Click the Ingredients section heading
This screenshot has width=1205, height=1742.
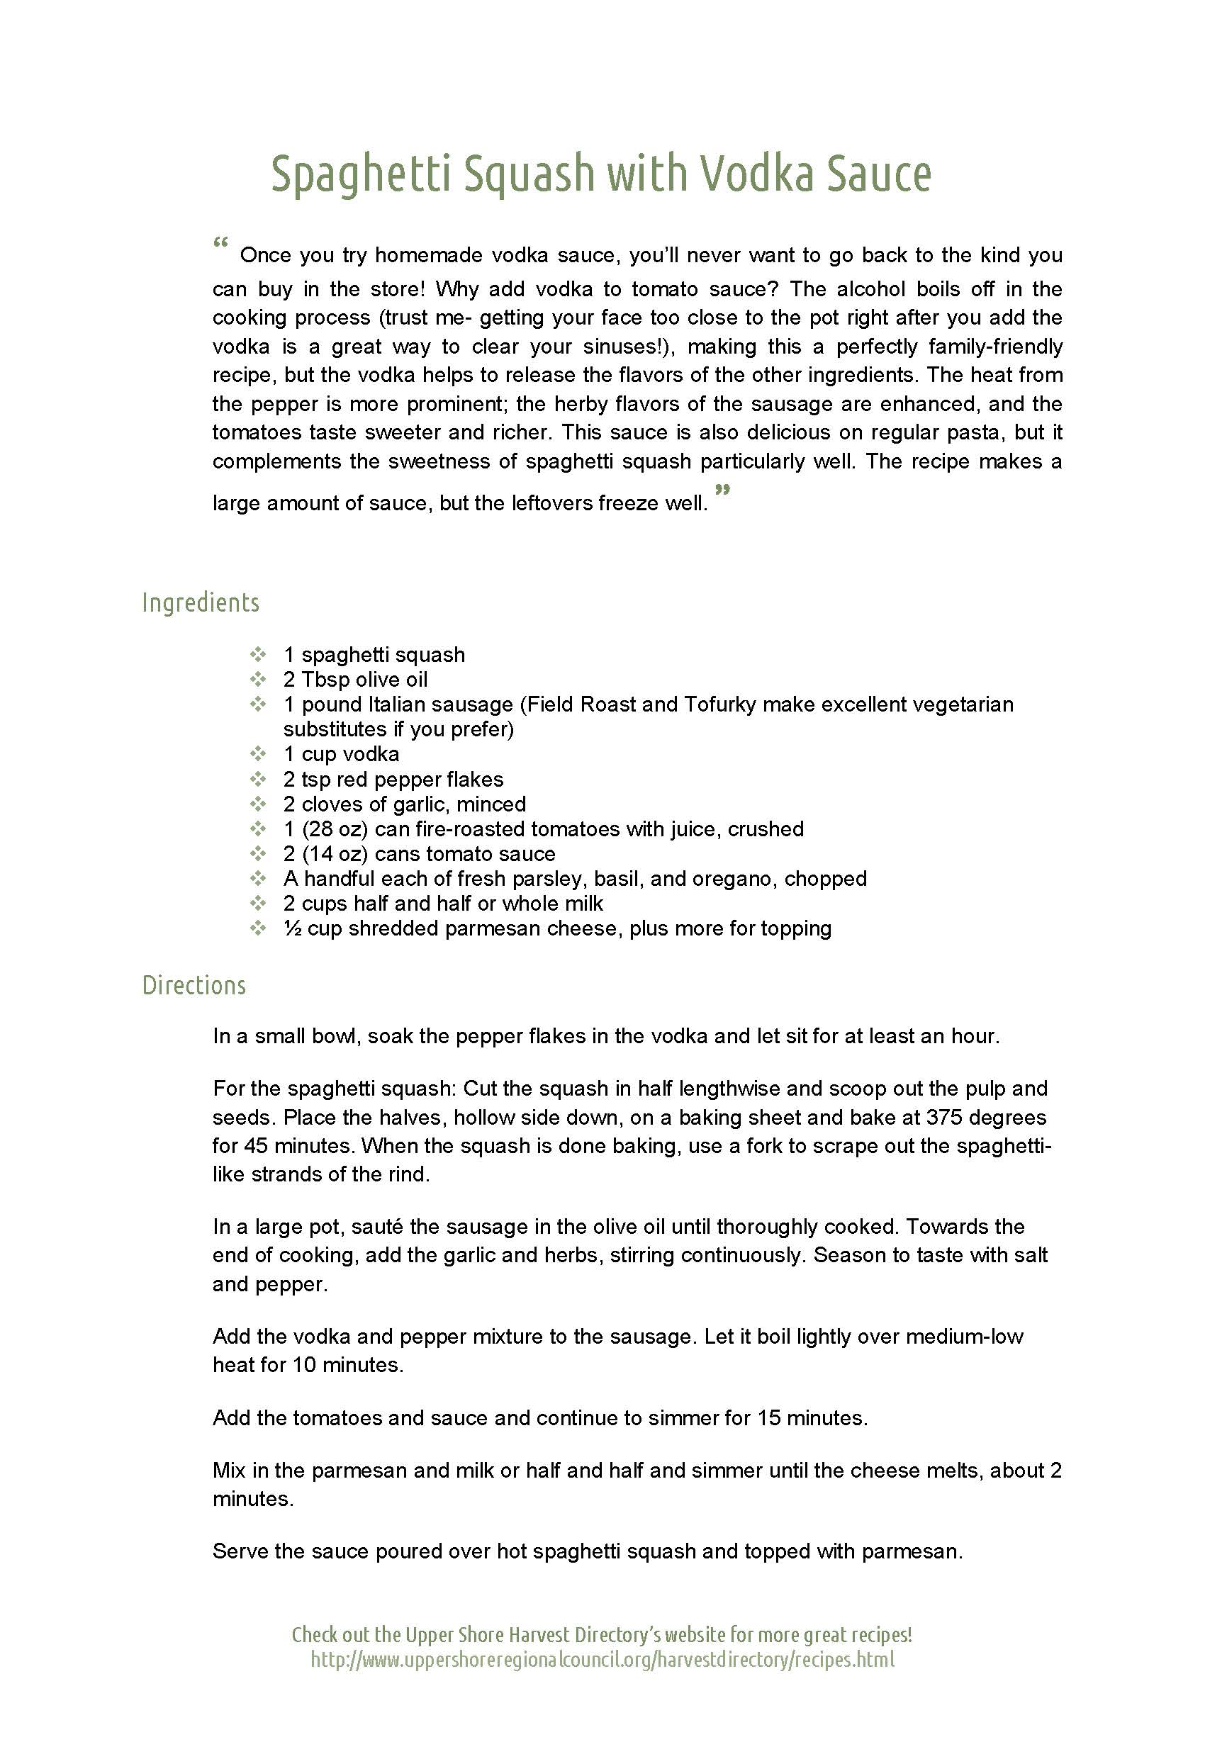click(200, 602)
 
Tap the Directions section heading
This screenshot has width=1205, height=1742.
click(194, 985)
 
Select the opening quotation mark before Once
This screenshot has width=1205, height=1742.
click(220, 244)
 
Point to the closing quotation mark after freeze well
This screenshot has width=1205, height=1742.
click(722, 491)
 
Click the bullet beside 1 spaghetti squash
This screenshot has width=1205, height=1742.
click(257, 654)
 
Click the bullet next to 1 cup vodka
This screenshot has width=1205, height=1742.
click(257, 754)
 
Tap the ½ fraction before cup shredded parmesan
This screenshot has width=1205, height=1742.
click(292, 928)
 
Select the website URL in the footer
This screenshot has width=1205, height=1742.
click(602, 1659)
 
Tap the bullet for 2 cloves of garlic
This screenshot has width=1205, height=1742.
click(257, 804)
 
